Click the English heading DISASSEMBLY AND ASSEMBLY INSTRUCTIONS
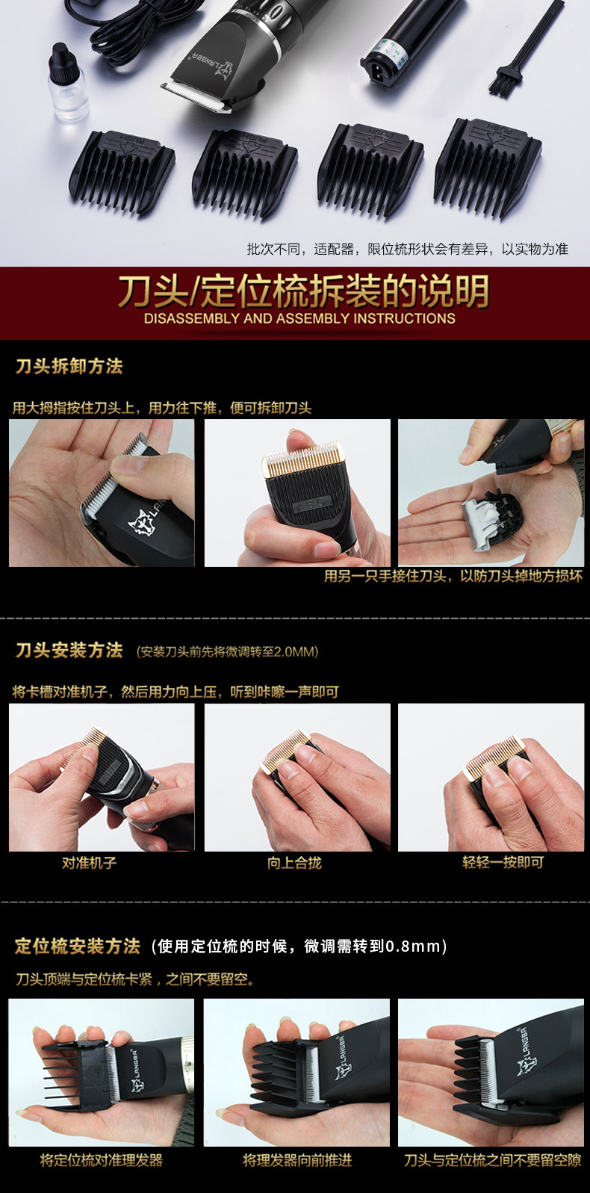pos(299,318)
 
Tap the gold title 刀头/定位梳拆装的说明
pos(302,291)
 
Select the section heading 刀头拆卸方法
pos(69,366)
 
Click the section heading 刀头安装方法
pos(69,650)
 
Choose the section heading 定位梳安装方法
pos(78,946)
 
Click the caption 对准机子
pos(89,863)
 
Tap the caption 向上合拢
pos(294,863)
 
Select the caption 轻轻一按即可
pos(503,863)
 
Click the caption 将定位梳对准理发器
pos(101,1160)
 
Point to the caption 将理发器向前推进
pos(296,1160)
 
